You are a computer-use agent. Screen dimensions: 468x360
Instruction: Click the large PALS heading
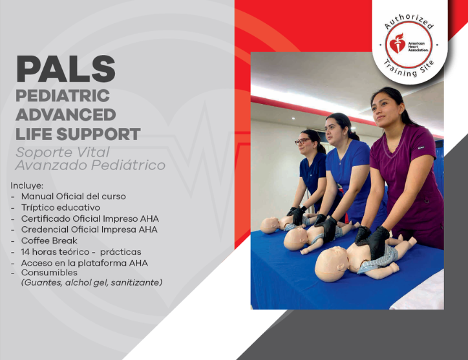[66, 69]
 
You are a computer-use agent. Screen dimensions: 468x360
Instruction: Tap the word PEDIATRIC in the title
[63, 96]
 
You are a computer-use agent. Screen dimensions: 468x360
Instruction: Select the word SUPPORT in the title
[98, 134]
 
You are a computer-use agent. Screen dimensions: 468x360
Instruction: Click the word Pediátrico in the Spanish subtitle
[129, 165]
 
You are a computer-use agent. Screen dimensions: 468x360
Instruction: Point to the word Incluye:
[27, 185]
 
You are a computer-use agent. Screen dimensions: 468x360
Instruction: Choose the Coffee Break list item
[49, 240]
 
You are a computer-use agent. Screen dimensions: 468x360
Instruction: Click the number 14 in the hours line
[25, 252]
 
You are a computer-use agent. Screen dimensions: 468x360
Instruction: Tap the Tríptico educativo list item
[61, 207]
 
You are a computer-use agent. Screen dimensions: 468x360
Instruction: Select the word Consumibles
[49, 273]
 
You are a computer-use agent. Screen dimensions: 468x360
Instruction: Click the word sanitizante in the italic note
[136, 282]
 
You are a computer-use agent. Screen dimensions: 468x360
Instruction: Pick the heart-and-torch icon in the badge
[398, 43]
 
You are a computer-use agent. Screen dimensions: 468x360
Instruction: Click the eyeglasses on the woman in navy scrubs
[303, 141]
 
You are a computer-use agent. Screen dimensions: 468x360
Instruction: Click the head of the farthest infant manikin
[270, 226]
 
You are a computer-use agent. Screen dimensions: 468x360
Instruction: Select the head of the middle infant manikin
[296, 238]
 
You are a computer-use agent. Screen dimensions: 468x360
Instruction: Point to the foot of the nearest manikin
[412, 240]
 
